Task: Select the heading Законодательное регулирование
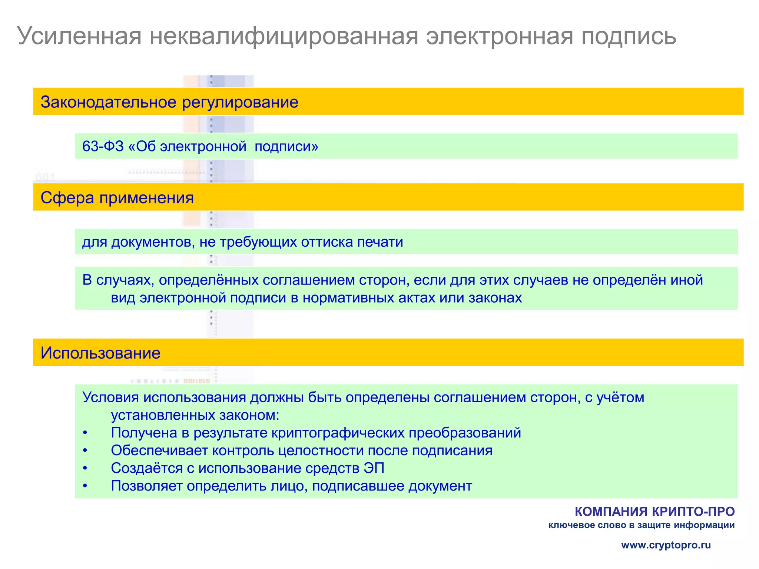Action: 169,102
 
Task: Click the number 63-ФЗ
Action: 103,146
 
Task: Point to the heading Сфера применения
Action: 117,198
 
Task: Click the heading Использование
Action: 100,353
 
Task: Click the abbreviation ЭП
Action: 374,468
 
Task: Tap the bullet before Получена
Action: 85,433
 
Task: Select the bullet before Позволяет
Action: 85,486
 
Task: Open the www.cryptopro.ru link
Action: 666,545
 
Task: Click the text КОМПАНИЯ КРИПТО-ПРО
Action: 654,512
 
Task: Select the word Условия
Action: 111,397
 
